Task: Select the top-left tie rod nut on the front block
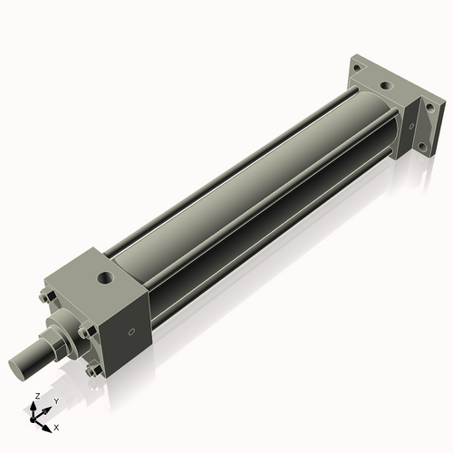click(x=44, y=296)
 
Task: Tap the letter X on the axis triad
click(x=57, y=426)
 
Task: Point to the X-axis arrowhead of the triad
click(x=49, y=424)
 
